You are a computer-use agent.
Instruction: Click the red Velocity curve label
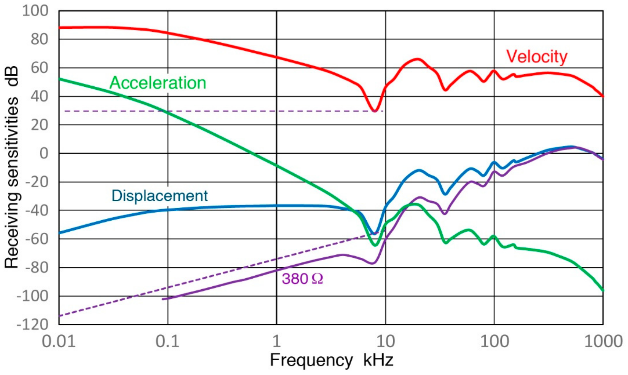click(537, 56)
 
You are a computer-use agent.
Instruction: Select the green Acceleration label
click(158, 83)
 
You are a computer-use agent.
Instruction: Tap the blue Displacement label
click(160, 196)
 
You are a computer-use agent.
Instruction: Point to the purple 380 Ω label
click(302, 279)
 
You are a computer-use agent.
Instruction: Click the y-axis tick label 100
click(35, 11)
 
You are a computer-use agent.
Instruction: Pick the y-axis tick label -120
click(32, 324)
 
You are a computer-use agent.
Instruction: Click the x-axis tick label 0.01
click(59, 341)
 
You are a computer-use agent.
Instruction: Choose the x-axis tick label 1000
click(603, 341)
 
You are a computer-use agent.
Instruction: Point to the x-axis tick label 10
click(385, 341)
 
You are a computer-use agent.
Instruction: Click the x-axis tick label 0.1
click(167, 341)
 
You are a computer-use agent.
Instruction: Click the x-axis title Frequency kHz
click(331, 360)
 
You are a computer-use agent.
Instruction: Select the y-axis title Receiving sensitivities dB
click(12, 167)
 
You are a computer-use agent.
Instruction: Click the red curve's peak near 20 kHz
click(417, 59)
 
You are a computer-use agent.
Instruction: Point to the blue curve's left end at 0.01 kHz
click(59, 233)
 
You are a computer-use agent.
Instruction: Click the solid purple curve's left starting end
click(163, 299)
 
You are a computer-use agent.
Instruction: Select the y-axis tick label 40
click(39, 96)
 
